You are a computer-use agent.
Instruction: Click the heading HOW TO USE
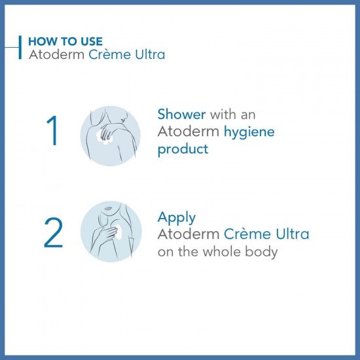(x=65, y=41)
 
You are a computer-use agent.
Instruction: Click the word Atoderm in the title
(x=57, y=54)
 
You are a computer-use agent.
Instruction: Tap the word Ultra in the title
(x=150, y=54)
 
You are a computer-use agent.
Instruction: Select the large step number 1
(x=53, y=130)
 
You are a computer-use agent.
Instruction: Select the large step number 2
(x=53, y=232)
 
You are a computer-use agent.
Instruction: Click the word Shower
(x=181, y=114)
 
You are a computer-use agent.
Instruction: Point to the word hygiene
(x=249, y=132)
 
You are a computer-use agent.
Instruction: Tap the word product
(x=183, y=150)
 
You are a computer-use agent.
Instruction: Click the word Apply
(x=177, y=218)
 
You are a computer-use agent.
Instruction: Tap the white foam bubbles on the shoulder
(x=104, y=137)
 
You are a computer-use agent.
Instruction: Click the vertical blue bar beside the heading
(x=20, y=47)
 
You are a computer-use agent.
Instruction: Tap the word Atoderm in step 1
(x=189, y=132)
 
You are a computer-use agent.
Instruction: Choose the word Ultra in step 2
(x=293, y=234)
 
